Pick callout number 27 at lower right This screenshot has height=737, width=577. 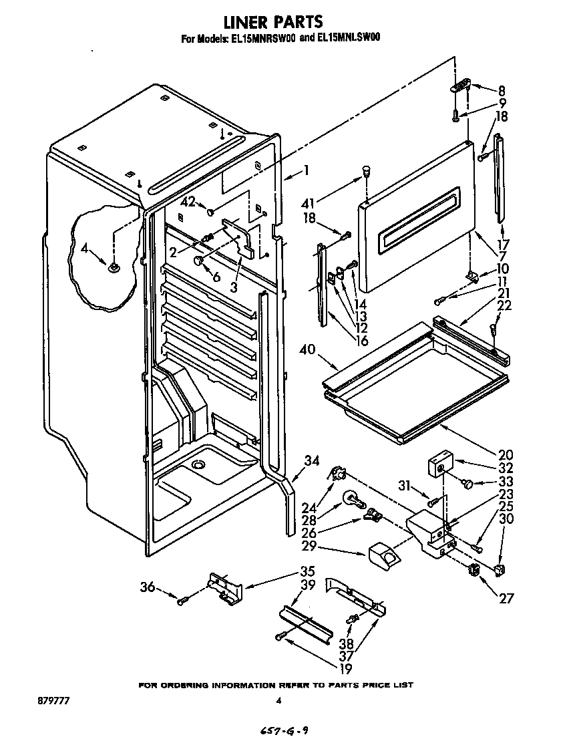506,599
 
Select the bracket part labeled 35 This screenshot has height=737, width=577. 223,587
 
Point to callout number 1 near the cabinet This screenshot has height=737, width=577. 305,170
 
